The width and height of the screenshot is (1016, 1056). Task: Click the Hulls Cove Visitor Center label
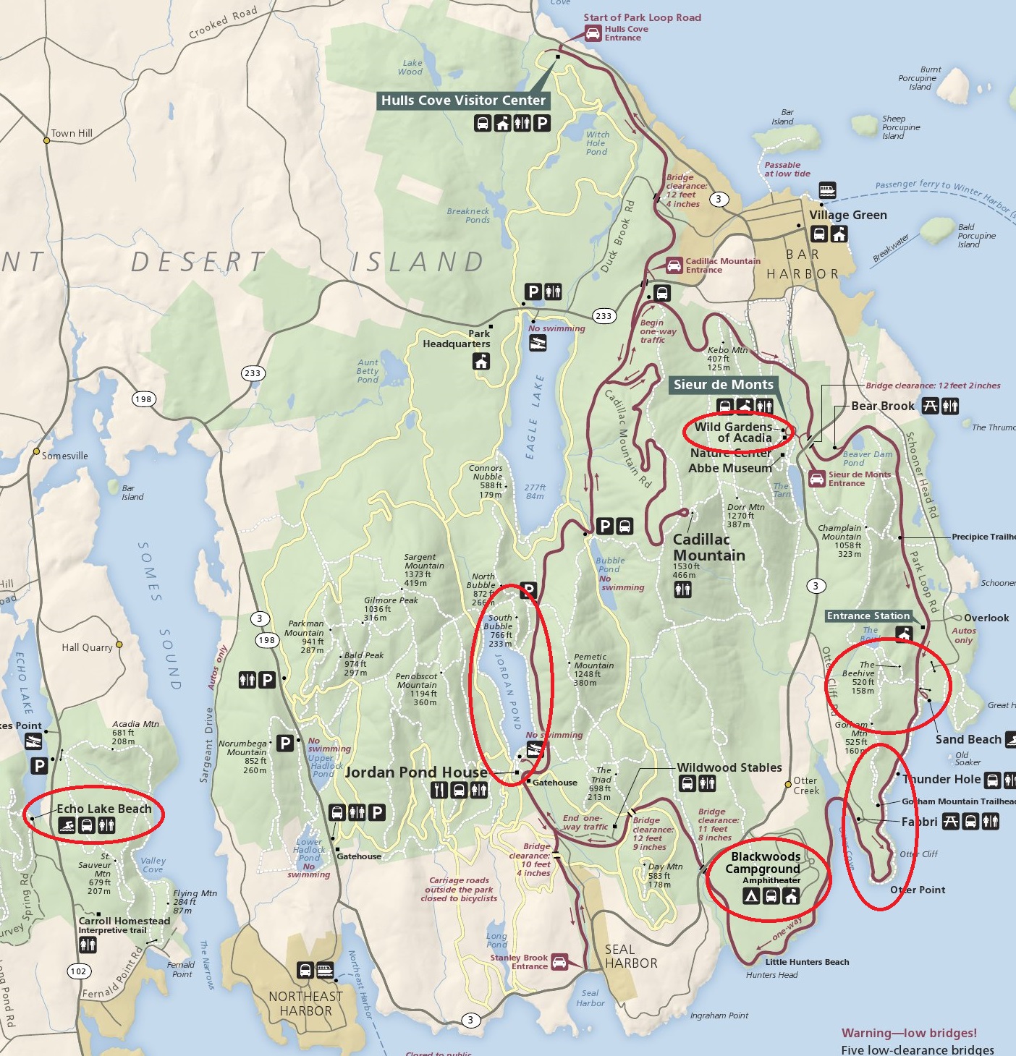pos(463,101)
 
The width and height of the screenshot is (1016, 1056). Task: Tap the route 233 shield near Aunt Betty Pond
pos(253,373)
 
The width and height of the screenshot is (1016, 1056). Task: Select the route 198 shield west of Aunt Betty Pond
pos(144,399)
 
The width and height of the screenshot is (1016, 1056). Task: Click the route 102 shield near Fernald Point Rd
pos(79,971)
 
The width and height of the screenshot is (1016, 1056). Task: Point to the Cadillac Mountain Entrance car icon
pos(674,265)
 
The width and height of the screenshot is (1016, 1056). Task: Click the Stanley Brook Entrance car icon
pos(559,962)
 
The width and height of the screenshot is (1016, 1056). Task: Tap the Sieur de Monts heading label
pos(723,385)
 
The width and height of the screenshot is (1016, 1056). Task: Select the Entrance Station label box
pos(868,616)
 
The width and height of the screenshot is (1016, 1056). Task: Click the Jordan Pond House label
pos(416,772)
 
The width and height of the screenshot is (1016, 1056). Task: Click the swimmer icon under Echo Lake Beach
pos(67,825)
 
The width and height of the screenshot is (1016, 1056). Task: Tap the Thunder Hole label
pos(941,779)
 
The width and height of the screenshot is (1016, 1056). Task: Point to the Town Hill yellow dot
pos(46,140)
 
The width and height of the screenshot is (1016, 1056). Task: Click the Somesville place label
pos(64,456)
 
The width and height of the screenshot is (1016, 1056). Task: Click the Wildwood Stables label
pos(729,767)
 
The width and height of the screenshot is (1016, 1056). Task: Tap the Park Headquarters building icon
pos(481,362)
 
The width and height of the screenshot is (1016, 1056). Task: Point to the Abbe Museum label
pos(729,468)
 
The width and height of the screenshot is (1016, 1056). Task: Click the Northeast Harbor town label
pos(305,1003)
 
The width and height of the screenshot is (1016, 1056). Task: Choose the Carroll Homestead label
pos(124,921)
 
